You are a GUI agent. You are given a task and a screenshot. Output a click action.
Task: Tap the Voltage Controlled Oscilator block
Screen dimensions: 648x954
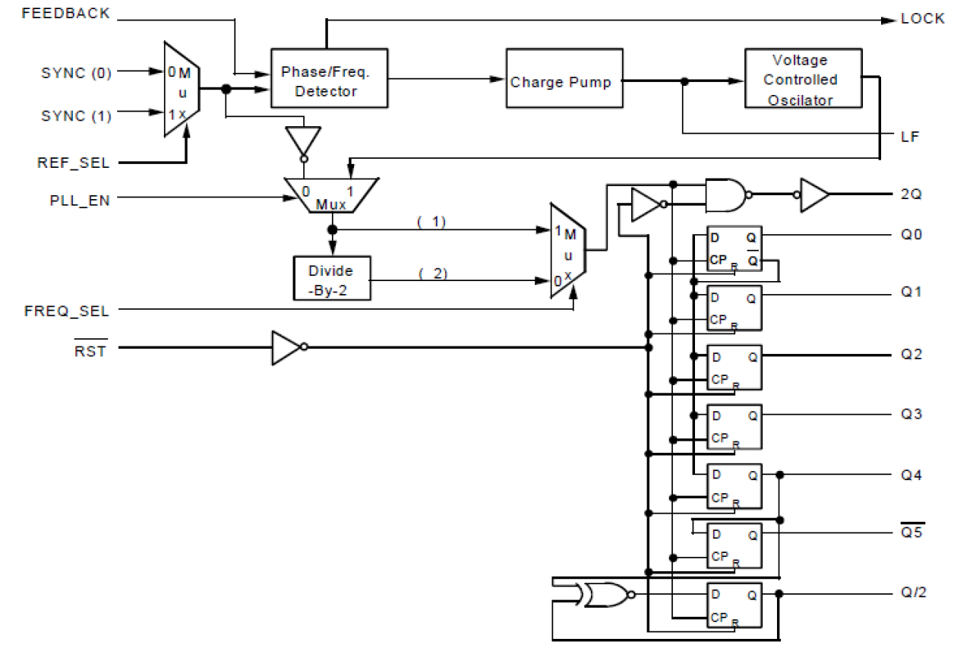[803, 80]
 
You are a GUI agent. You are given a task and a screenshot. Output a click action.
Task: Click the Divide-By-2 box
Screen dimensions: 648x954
[331, 278]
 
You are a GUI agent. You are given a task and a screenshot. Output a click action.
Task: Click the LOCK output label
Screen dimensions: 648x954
[922, 20]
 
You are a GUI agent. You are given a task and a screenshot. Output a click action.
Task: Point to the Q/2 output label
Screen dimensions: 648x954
[912, 593]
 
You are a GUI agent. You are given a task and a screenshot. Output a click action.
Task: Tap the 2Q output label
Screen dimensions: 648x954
[911, 194]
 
